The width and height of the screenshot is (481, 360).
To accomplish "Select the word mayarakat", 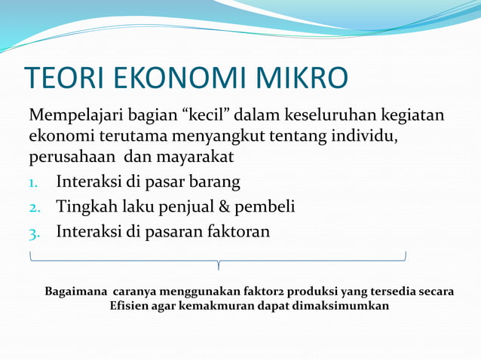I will [x=195, y=158].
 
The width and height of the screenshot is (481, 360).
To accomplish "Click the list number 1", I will [x=35, y=183].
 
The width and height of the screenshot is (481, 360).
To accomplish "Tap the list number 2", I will [x=35, y=207].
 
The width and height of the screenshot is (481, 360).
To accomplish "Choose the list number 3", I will [x=35, y=232].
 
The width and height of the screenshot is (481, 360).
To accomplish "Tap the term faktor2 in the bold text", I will [x=277, y=291].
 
